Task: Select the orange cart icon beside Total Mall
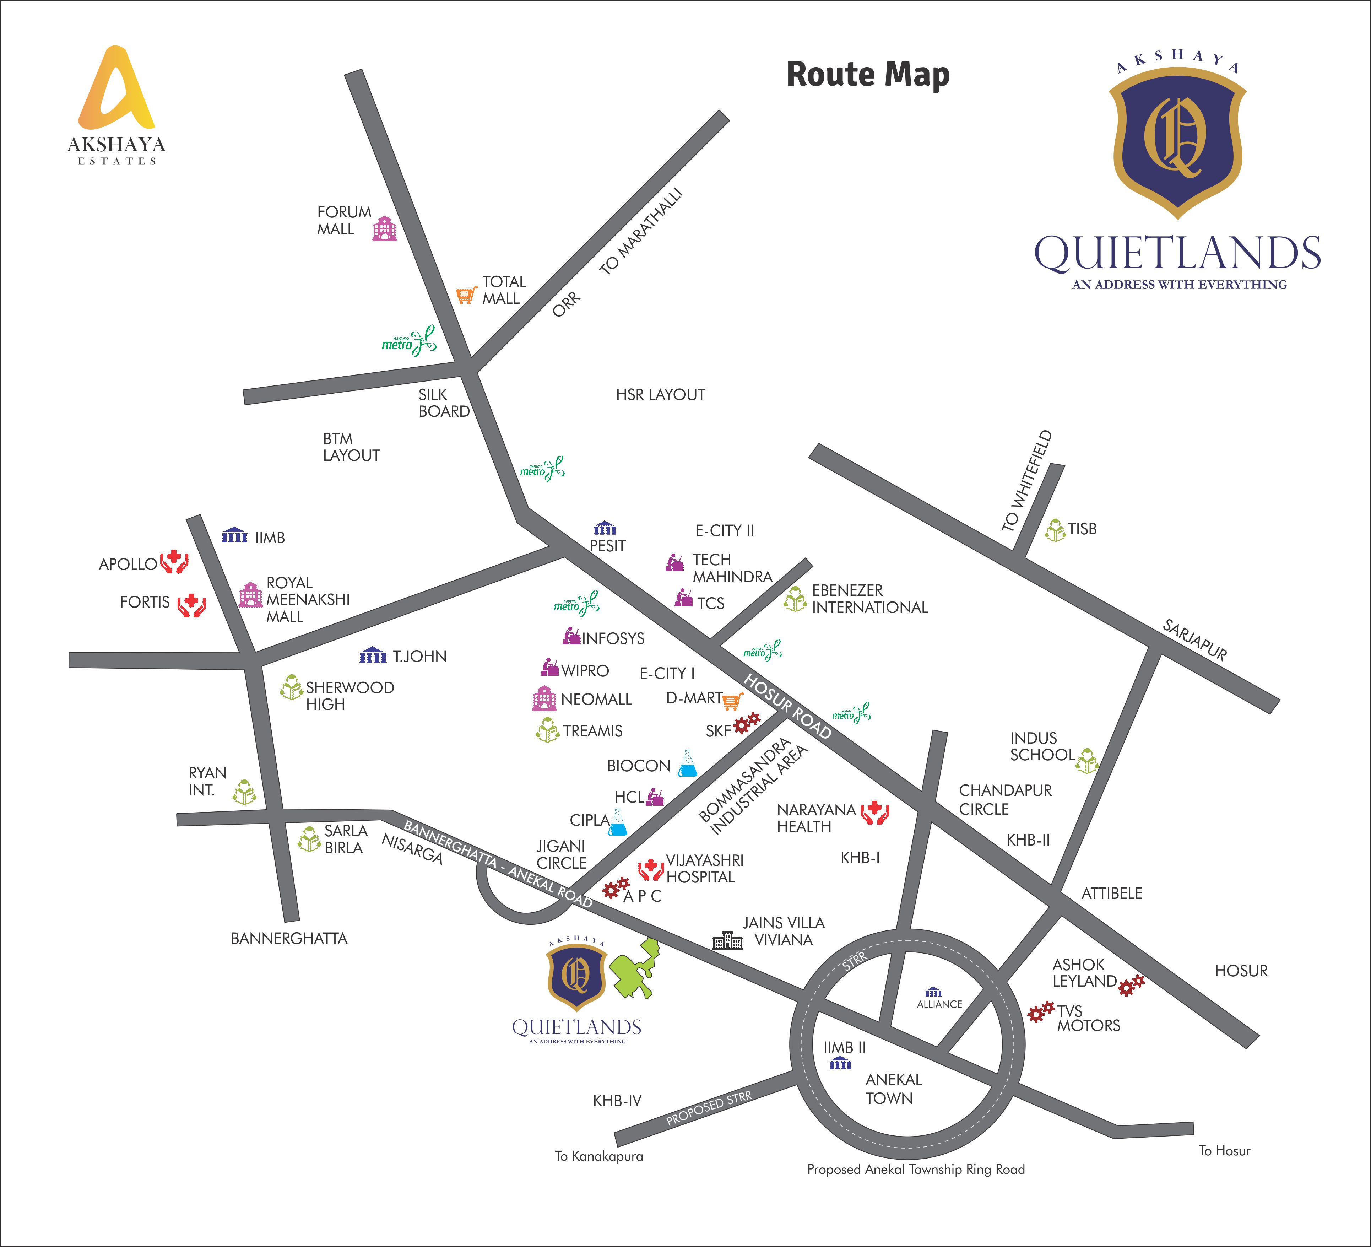pyautogui.click(x=466, y=295)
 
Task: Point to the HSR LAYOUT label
pyautogui.click(x=660, y=395)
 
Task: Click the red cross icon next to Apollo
pyautogui.click(x=174, y=562)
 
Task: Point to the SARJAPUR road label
pyautogui.click(x=1195, y=640)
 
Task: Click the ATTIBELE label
pyautogui.click(x=1112, y=893)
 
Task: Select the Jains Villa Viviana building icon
pyautogui.click(x=727, y=941)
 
